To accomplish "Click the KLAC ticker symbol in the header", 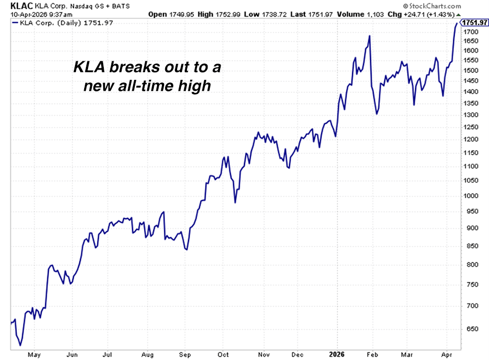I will point(11,6).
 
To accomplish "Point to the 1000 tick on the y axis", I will point(471,196).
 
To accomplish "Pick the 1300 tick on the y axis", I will point(471,115).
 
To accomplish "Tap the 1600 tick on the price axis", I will point(471,50).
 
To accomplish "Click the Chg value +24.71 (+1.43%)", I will point(430,14).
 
